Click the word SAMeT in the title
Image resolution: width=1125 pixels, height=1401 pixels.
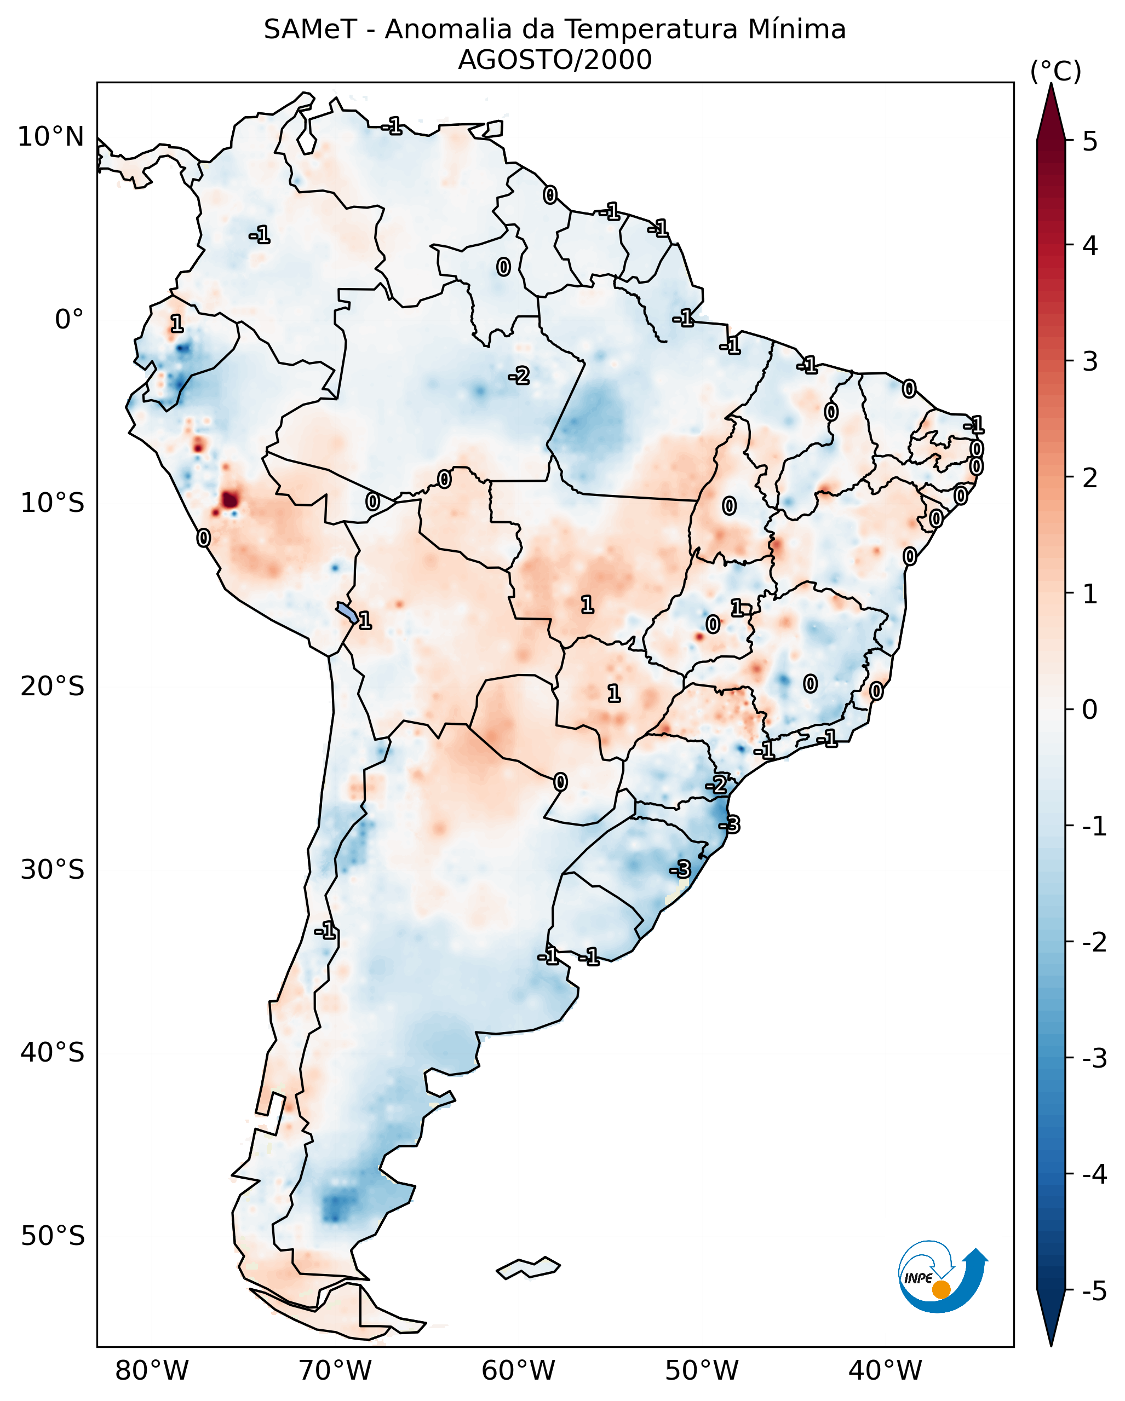click(x=309, y=30)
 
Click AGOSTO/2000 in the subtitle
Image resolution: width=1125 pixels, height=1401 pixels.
click(x=554, y=60)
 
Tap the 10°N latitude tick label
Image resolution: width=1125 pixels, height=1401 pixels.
click(x=51, y=137)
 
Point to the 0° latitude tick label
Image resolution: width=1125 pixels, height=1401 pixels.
click(x=69, y=320)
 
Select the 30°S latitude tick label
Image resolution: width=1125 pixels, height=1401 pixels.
click(x=52, y=869)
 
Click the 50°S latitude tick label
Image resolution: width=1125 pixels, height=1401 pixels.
click(x=52, y=1236)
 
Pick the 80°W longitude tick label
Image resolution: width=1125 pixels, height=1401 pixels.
click(x=151, y=1371)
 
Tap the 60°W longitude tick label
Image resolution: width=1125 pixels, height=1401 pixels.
click(x=518, y=1371)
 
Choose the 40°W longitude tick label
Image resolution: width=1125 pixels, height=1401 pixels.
click(x=885, y=1371)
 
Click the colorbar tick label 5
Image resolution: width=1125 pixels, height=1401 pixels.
click(x=1090, y=141)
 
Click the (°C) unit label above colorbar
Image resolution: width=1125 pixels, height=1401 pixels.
click(x=1055, y=72)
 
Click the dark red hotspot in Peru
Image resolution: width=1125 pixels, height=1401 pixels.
click(x=229, y=500)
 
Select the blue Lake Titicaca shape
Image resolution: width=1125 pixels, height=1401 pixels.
click(x=346, y=612)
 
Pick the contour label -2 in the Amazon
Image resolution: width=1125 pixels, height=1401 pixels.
click(x=519, y=376)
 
